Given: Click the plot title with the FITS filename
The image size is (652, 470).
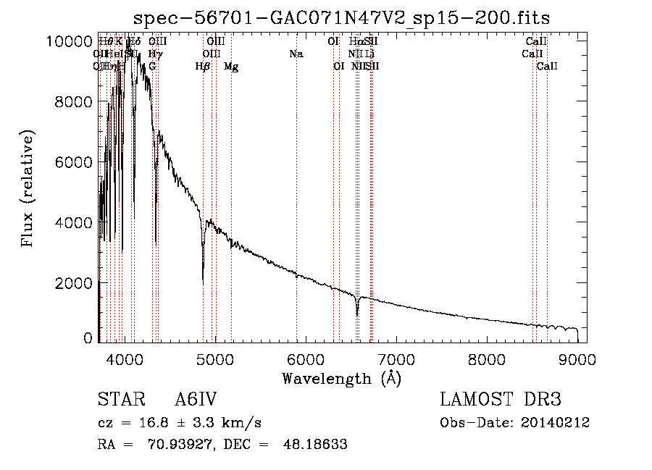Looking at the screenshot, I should click(342, 18).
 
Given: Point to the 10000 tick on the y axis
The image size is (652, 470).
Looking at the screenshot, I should click(73, 42).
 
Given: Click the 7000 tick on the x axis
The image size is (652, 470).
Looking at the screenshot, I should click(396, 359).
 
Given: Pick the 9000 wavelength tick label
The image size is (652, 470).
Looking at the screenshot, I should click(577, 359).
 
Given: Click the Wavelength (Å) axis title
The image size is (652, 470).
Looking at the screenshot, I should click(342, 378).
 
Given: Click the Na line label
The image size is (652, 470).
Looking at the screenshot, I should click(296, 54).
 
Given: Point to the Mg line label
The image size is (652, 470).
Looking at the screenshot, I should click(231, 67).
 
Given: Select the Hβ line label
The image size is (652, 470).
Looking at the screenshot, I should click(203, 67).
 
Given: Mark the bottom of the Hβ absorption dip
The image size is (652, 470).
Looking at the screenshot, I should click(203, 281).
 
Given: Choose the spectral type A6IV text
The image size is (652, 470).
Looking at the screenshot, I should click(196, 400).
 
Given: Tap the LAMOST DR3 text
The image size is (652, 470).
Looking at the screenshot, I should click(501, 400).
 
